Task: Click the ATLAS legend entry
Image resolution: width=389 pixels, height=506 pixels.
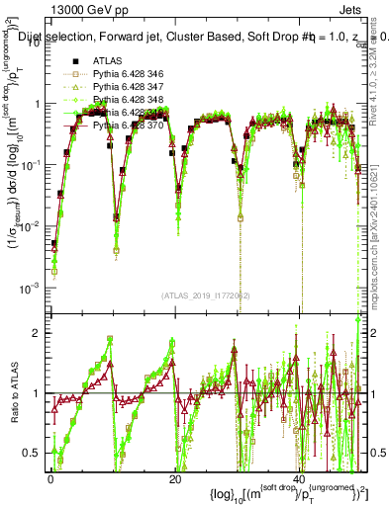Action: click(108, 61)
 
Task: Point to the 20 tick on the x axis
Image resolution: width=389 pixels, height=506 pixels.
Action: click(175, 479)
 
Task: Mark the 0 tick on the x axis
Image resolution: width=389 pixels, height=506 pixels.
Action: click(49, 479)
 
